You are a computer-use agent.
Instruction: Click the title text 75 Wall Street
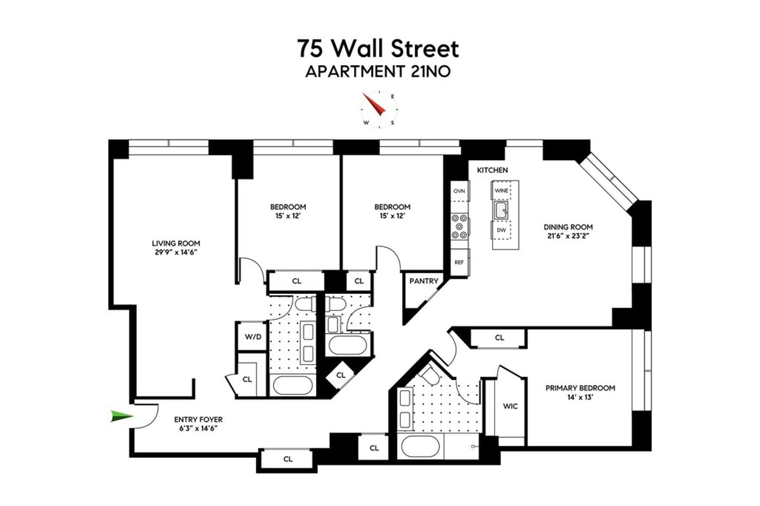click(379, 49)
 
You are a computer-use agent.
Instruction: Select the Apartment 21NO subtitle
click(379, 72)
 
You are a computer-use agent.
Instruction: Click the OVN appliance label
click(459, 191)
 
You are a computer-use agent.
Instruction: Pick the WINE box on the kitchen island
click(502, 190)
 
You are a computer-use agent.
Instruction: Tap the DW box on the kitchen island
click(502, 230)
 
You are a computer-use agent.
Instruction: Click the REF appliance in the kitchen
click(459, 262)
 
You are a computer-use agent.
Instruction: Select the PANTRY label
click(423, 281)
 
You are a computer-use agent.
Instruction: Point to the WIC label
click(510, 406)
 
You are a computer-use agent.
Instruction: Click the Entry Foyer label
click(198, 419)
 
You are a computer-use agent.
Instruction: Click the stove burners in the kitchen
click(459, 227)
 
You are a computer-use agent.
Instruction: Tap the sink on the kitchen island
click(502, 210)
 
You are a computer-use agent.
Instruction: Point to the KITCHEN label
click(492, 170)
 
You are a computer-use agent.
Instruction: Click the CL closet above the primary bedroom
click(500, 338)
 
